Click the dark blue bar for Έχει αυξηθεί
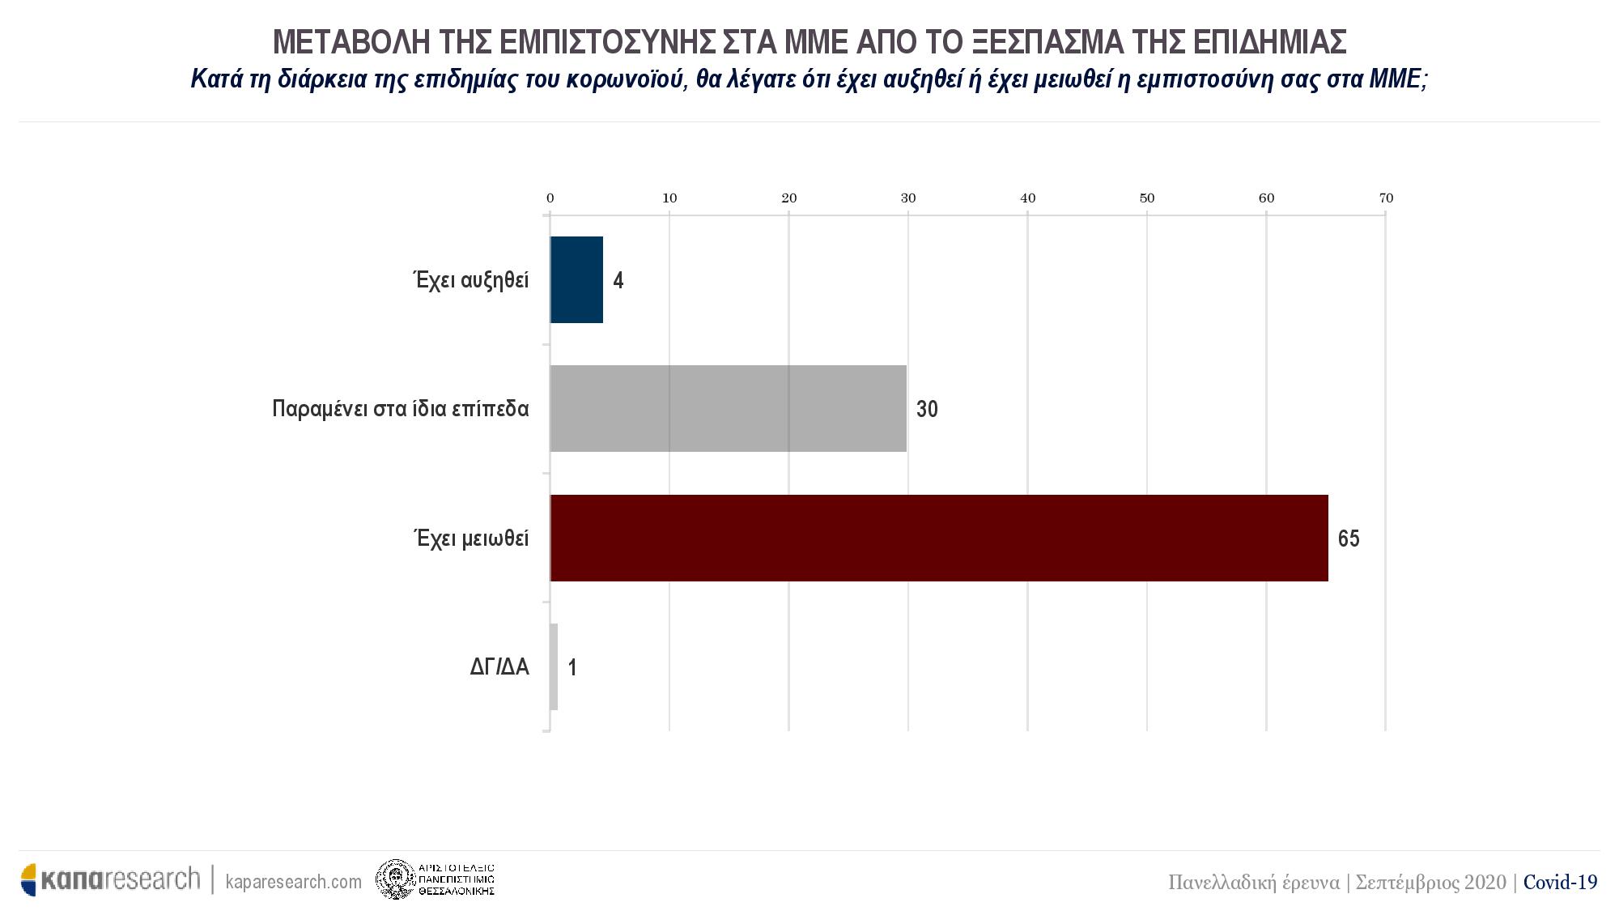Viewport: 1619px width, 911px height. pyautogui.click(x=576, y=279)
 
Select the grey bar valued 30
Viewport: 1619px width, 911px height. pyautogui.click(x=728, y=408)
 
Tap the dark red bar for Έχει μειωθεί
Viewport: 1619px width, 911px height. pyautogui.click(x=939, y=538)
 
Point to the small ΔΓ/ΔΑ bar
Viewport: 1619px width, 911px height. pyautogui.click(x=554, y=666)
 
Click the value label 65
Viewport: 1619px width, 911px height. pyautogui.click(x=1349, y=539)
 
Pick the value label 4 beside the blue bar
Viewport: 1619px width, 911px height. pyautogui.click(x=618, y=281)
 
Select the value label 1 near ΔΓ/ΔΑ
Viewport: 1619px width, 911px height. pyautogui.click(x=572, y=668)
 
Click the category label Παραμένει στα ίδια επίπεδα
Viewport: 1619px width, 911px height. pyautogui.click(x=401, y=409)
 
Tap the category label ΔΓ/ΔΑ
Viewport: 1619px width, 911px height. pyautogui.click(x=499, y=667)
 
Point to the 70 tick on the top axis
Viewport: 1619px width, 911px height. pyautogui.click(x=1386, y=198)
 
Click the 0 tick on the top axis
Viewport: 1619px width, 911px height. pyautogui.click(x=550, y=198)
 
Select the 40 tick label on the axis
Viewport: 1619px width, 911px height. pyautogui.click(x=1028, y=198)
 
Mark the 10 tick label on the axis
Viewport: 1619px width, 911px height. pyautogui.click(x=669, y=198)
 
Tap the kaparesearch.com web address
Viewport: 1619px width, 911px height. pyautogui.click(x=294, y=881)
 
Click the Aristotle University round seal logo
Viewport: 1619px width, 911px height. pyautogui.click(x=395, y=879)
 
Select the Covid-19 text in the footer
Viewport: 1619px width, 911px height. pyautogui.click(x=1560, y=882)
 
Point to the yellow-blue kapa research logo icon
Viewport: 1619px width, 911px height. pyautogui.click(x=29, y=880)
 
